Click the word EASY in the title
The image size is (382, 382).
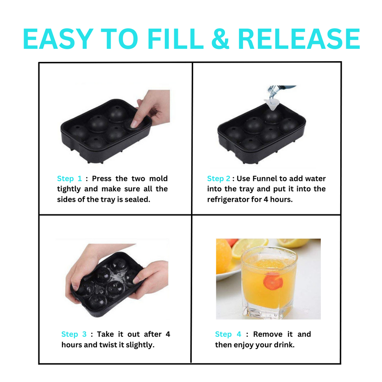(58, 39)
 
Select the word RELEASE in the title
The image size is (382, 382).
(298, 39)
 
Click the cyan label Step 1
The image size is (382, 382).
(69, 179)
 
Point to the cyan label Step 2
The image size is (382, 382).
(219, 179)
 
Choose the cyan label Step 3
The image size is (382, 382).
(74, 334)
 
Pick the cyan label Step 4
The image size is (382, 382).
(228, 334)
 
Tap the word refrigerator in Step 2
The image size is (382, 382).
(228, 200)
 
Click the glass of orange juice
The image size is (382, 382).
(269, 284)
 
